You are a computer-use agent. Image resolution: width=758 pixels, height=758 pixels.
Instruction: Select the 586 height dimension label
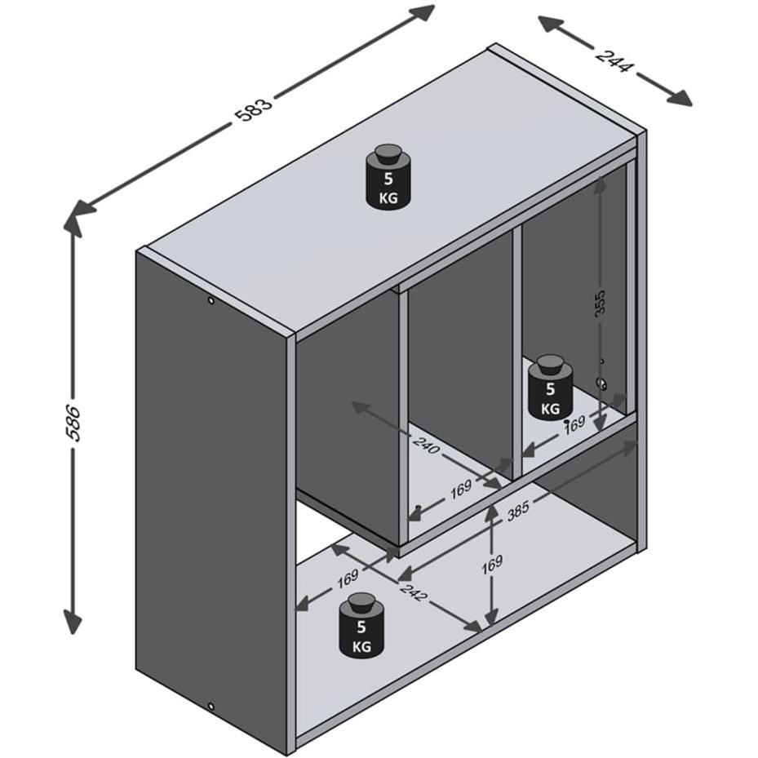point(73,422)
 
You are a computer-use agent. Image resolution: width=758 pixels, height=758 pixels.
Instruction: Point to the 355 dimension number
point(600,303)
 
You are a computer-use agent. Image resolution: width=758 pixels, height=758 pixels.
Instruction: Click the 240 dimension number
point(427,445)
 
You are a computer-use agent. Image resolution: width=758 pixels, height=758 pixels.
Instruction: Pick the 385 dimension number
point(518,511)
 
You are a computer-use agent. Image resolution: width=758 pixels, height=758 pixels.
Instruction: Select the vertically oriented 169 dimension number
point(492,563)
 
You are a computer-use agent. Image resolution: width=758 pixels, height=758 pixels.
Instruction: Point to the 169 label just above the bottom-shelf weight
point(347,578)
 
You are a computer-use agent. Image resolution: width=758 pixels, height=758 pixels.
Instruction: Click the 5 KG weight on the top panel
point(388,176)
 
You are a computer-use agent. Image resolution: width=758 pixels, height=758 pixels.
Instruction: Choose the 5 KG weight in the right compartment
point(550,388)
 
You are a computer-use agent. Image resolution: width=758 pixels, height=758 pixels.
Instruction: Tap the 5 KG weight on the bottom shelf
point(361,626)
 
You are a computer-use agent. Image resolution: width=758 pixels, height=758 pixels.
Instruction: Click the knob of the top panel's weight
point(388,155)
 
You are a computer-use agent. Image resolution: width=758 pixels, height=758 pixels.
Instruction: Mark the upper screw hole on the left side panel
point(211,301)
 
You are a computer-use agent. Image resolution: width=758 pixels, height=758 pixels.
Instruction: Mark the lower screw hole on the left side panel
point(211,707)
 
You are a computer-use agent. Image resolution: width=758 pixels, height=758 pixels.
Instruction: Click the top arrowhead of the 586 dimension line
point(73,220)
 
